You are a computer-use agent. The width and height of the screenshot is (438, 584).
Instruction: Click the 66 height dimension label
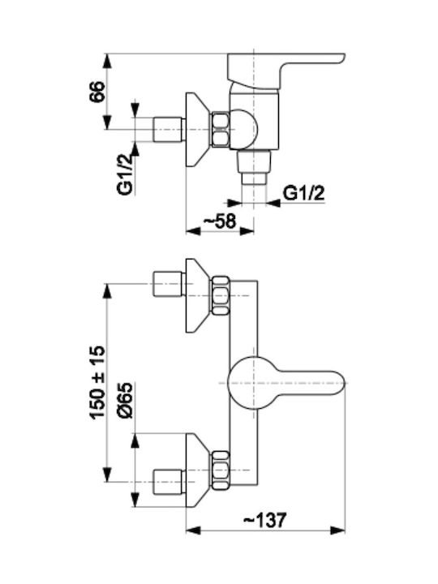click(97, 91)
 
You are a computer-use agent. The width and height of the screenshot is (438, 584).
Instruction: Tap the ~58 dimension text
click(219, 221)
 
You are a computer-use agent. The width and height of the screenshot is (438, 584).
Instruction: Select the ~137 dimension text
click(264, 520)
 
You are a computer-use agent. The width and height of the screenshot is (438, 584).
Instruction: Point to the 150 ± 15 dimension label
click(97, 383)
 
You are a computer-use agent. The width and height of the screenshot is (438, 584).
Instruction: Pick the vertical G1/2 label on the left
click(125, 174)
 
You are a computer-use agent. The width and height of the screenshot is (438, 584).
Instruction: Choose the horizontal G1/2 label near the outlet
click(303, 193)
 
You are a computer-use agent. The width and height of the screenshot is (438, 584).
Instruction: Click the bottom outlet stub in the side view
click(254, 167)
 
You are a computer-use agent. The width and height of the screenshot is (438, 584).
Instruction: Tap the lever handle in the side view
click(286, 72)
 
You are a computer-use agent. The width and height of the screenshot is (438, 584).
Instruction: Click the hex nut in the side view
click(220, 129)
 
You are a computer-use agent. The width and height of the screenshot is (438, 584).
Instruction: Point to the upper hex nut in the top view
click(220, 296)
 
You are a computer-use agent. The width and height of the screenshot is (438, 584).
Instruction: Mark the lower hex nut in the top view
click(220, 470)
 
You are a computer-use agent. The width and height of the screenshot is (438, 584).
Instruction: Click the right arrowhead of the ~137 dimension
click(338, 530)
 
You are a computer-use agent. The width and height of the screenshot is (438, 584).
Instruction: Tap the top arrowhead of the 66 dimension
click(107, 62)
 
